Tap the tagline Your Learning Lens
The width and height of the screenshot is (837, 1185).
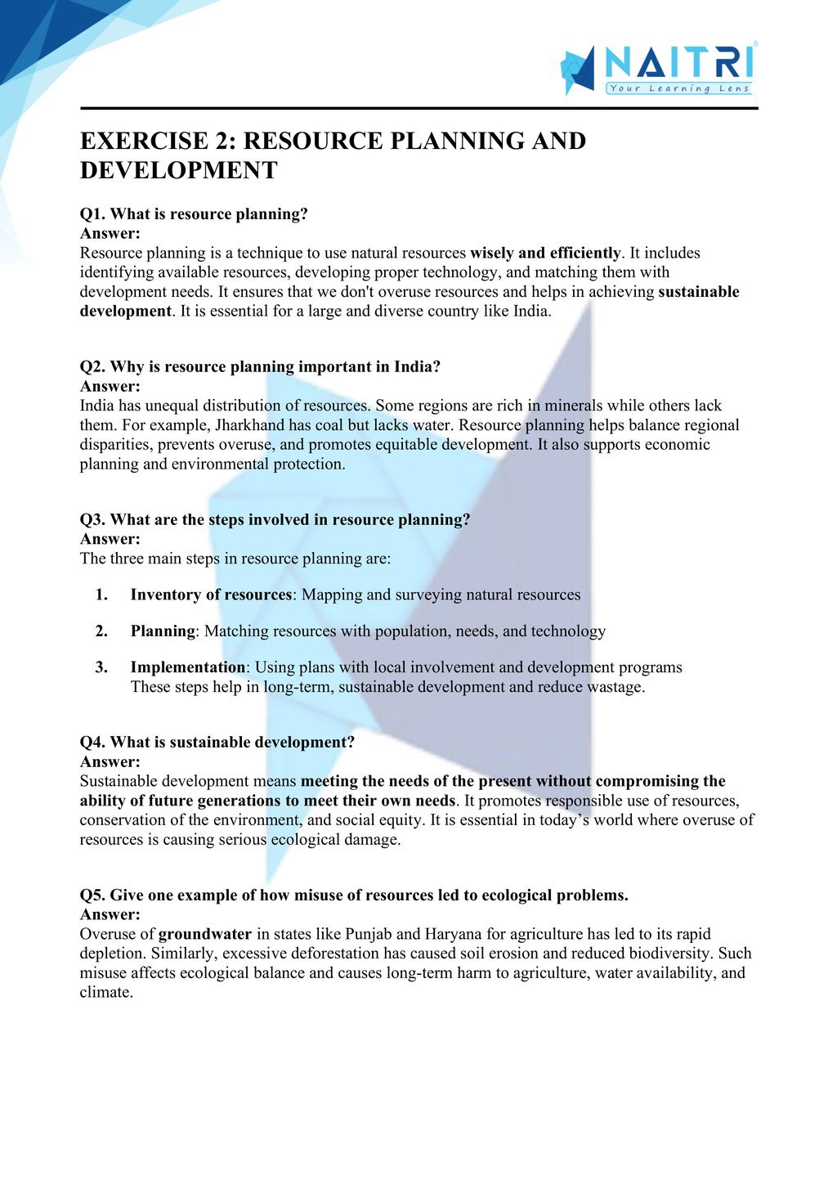point(678,88)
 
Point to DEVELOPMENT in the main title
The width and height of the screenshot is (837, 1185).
point(178,170)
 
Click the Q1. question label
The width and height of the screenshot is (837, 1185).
point(92,214)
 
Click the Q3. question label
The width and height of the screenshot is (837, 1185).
point(92,520)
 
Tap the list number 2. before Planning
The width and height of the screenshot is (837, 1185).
point(101,631)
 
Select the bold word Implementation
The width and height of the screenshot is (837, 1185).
point(187,667)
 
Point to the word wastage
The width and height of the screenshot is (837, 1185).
point(617,687)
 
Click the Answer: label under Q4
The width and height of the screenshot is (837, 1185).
point(110,762)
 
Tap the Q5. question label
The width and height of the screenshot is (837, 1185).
point(92,895)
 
